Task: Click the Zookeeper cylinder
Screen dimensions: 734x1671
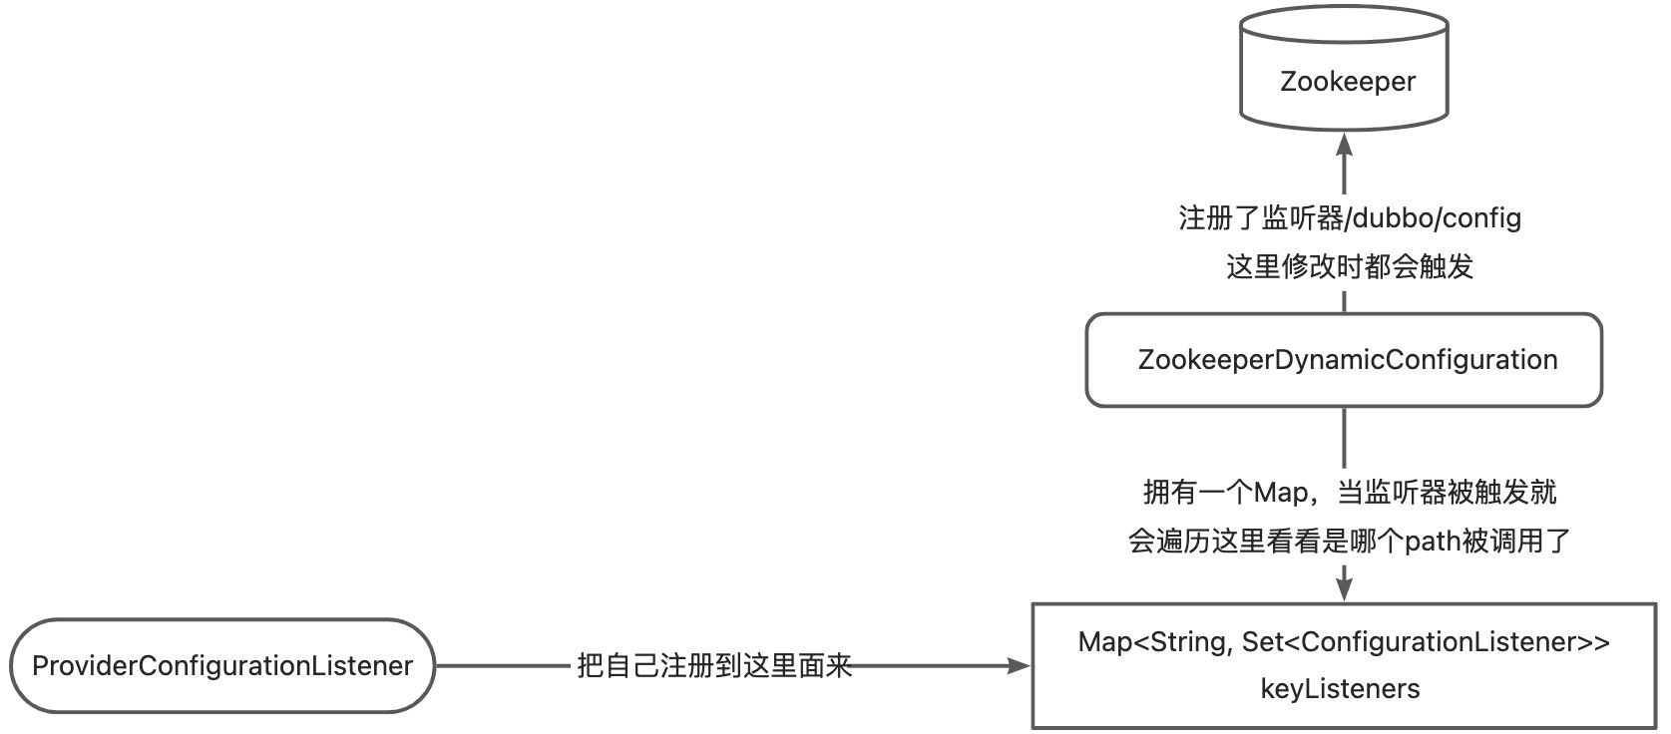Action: click(1344, 70)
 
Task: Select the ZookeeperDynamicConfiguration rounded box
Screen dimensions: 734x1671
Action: click(1344, 360)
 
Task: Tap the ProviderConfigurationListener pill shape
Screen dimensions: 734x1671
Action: click(222, 666)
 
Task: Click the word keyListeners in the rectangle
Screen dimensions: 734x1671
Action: click(1340, 689)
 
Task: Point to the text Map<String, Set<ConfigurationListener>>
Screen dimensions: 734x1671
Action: click(1344, 642)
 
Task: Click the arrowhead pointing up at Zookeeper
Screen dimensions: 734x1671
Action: click(1344, 147)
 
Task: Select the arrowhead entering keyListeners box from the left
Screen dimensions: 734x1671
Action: click(1019, 666)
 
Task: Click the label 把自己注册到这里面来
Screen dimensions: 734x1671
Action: click(714, 666)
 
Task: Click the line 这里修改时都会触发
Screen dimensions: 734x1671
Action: click(1350, 266)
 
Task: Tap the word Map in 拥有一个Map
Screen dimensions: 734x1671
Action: click(1281, 493)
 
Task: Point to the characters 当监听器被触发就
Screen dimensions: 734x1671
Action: click(1447, 493)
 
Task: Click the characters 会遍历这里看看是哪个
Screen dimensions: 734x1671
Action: click(1265, 542)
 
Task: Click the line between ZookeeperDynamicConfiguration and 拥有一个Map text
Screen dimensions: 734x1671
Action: click(1344, 439)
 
